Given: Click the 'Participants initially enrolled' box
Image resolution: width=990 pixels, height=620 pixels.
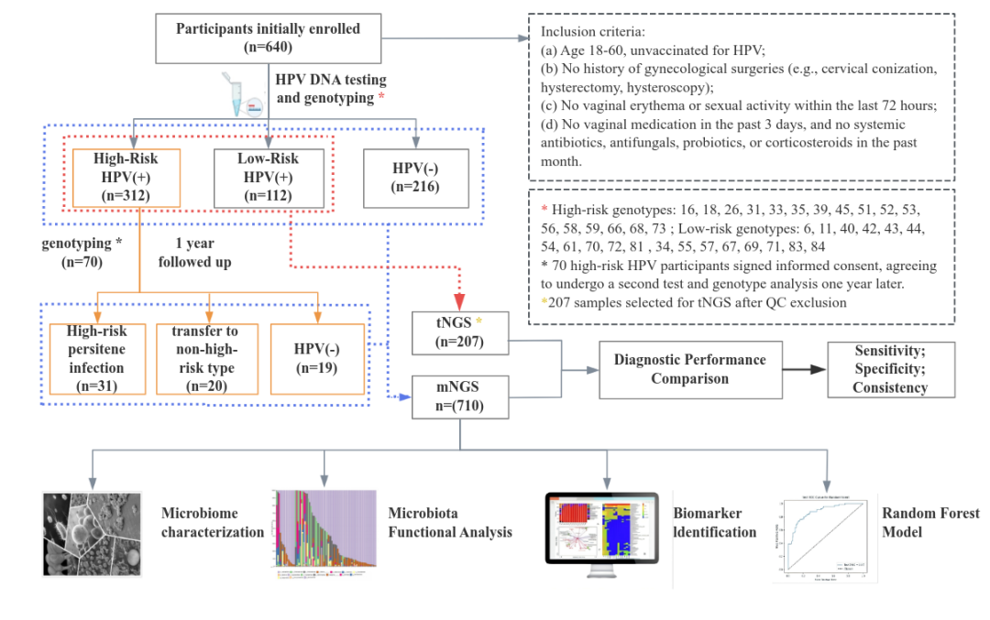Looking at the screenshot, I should coord(268,38).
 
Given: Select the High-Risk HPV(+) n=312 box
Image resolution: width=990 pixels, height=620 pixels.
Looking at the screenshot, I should coord(126,178).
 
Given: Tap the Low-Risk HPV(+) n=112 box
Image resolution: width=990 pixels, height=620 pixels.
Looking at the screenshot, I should coord(268,178).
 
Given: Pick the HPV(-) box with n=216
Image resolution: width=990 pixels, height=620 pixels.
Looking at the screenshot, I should coord(416,178).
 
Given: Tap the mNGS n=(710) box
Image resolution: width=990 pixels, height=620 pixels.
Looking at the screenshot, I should coord(460,397).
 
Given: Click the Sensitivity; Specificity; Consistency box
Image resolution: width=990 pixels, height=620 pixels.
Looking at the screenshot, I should coord(890,369).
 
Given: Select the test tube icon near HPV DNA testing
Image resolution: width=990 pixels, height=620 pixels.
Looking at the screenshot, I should coord(243,94).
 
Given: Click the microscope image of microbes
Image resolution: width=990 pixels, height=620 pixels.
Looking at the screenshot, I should coord(91,534).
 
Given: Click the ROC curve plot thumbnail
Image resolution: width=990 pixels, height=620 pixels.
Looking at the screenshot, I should coord(820,539).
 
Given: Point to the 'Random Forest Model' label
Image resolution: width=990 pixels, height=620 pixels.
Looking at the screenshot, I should coord(929,522).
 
